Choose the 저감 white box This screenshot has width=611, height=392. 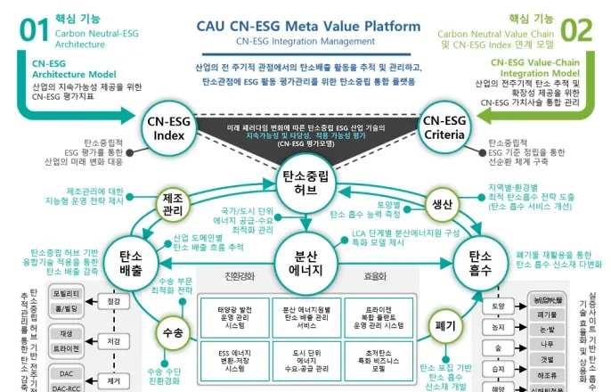[113, 339]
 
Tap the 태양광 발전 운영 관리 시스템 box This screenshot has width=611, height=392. [234, 318]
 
